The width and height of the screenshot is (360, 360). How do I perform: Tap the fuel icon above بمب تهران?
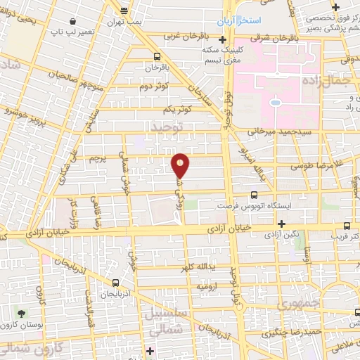click(x=124, y=10)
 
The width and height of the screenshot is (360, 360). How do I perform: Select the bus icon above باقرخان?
click(x=156, y=57)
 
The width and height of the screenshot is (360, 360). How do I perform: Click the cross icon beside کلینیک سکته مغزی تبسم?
click(x=222, y=39)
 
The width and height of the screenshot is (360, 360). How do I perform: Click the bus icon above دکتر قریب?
click(x=346, y=226)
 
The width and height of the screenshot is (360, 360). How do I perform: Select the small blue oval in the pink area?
click(x=274, y=104)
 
